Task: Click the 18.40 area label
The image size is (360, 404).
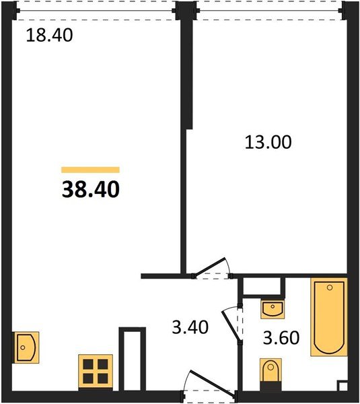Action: (49, 35)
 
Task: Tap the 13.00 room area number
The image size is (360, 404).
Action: (268, 142)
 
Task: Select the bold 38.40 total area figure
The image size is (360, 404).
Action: (91, 189)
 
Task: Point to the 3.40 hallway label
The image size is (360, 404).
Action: (190, 327)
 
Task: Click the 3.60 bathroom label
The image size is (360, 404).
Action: (281, 338)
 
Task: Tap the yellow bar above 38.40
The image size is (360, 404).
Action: (90, 170)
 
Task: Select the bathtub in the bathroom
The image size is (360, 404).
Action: (329, 317)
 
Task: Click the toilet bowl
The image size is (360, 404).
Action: (271, 370)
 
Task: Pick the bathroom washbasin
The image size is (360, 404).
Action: (273, 309)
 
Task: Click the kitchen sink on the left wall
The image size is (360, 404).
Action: (26, 347)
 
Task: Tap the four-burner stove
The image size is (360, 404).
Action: (96, 372)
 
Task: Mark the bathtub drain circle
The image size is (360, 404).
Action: (330, 288)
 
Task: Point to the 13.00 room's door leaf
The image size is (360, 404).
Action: (210, 267)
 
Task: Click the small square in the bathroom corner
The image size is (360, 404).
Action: (343, 386)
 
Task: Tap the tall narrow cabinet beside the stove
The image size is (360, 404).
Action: (132, 359)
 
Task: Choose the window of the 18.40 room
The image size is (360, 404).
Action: (96, 11)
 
